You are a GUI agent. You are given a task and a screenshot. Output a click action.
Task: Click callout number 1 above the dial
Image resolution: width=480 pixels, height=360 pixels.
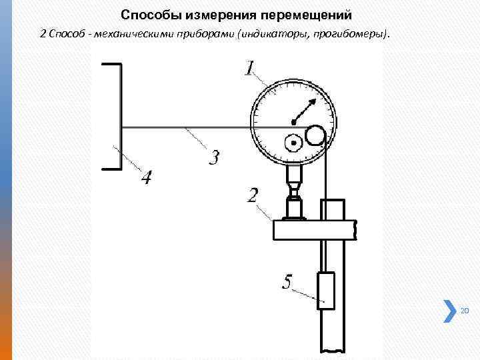[250, 67]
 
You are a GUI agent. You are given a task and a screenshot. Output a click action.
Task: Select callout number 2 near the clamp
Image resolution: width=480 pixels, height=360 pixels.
[253, 195]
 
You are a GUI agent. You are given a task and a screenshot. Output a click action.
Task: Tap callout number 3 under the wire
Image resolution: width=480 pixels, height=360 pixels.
[213, 159]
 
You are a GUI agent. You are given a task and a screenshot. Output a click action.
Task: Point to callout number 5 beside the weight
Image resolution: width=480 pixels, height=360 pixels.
[287, 283]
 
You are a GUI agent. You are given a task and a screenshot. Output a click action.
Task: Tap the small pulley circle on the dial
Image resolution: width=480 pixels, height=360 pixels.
[315, 136]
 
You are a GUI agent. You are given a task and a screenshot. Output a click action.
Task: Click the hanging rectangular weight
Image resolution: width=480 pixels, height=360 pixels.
[326, 290]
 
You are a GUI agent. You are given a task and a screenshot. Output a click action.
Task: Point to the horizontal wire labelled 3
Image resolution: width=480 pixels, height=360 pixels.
[187, 127]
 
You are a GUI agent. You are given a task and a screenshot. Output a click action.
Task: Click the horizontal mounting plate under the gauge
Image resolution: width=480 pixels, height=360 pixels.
[313, 230]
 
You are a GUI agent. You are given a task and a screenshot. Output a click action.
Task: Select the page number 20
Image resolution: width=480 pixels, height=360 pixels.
[465, 311]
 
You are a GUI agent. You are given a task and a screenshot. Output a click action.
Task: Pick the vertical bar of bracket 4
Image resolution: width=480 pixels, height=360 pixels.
[120, 117]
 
